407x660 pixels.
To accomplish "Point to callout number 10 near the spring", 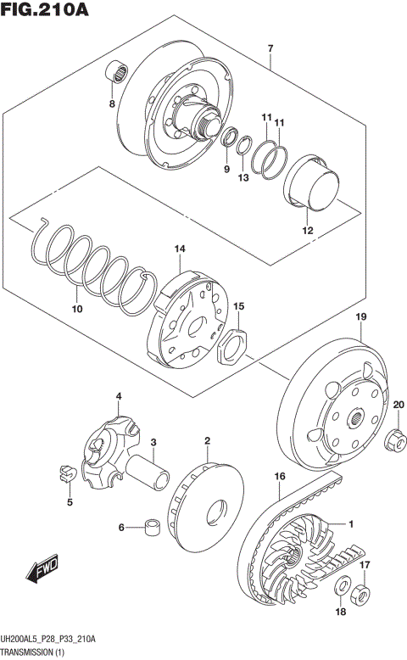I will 76,309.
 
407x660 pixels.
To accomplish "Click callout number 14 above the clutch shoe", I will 180,249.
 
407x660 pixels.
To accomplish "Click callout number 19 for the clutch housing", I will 360,317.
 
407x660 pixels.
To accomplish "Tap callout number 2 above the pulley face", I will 206,441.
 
